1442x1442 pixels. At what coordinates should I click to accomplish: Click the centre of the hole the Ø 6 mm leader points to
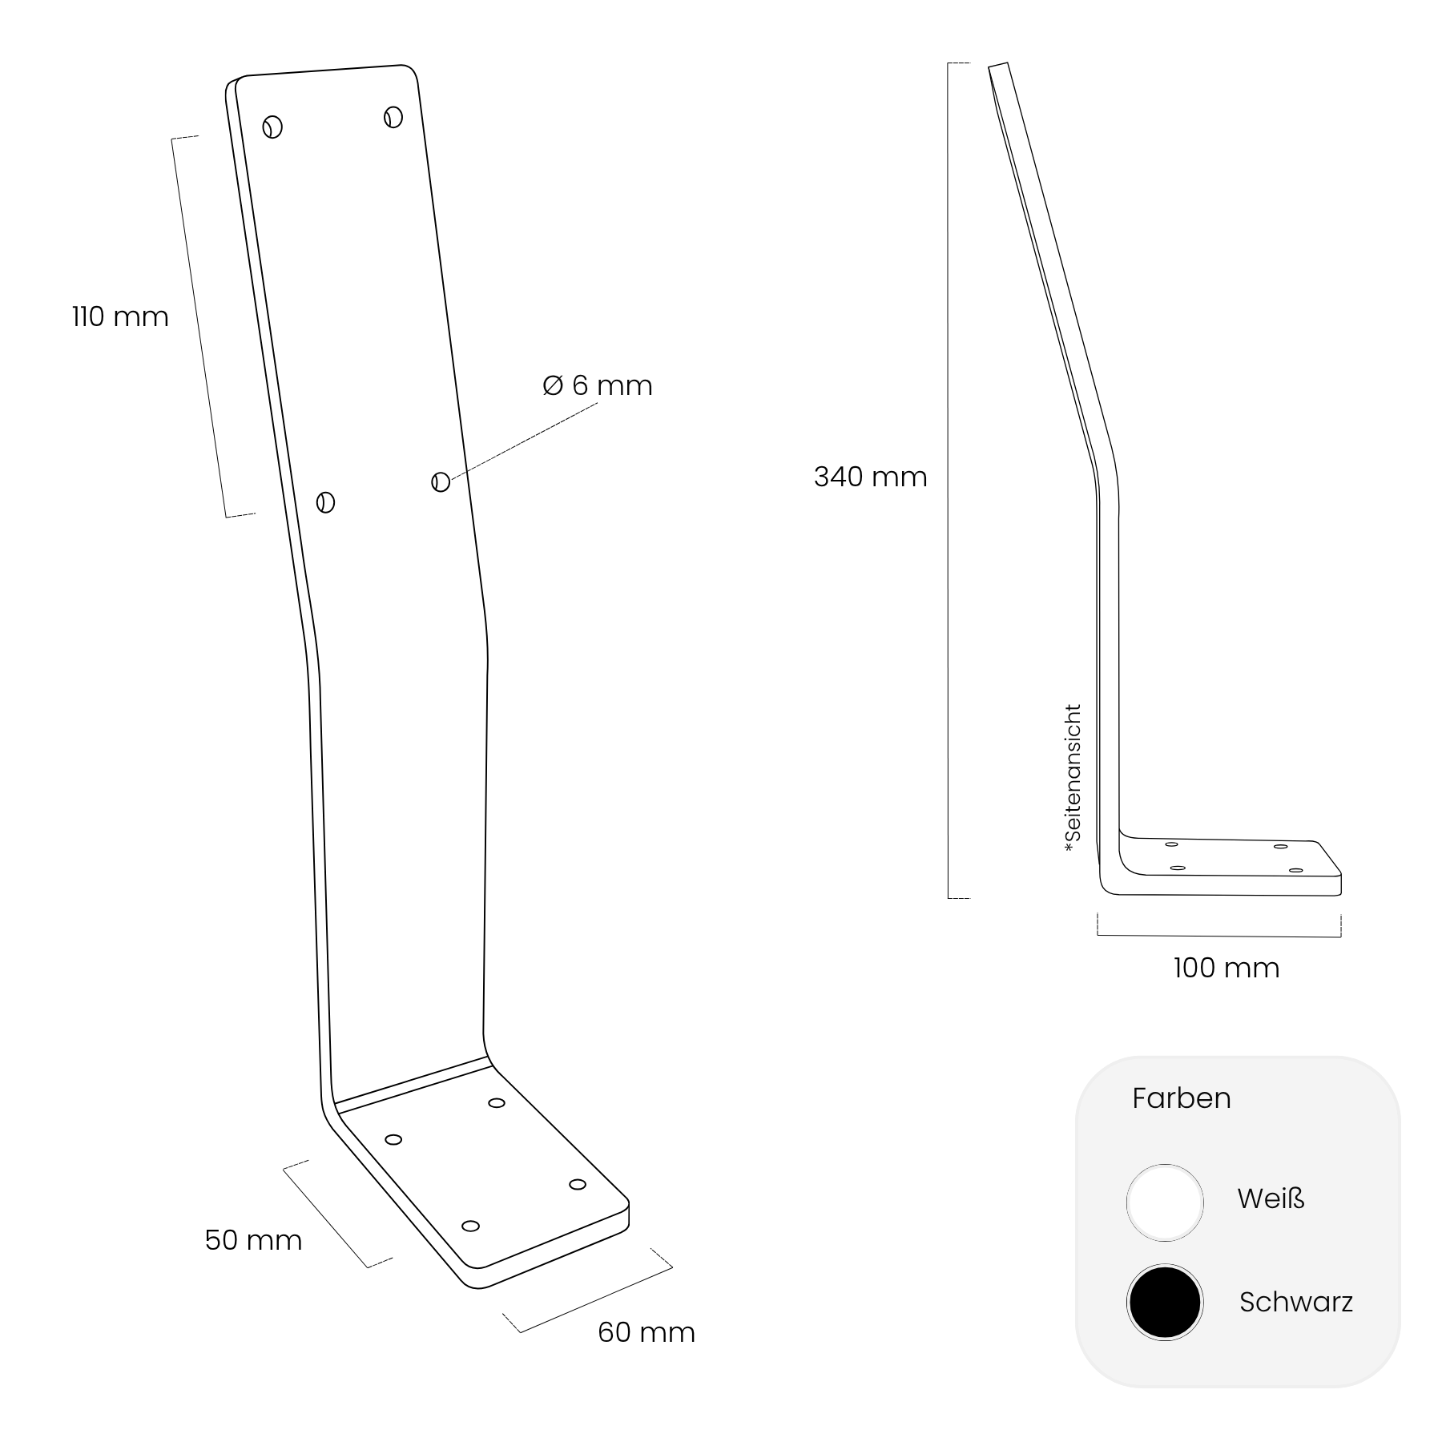point(441,481)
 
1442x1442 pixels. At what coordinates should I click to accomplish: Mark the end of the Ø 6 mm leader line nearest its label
point(598,404)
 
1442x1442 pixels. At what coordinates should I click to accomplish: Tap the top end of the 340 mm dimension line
point(949,63)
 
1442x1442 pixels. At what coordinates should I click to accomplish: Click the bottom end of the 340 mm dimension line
point(949,898)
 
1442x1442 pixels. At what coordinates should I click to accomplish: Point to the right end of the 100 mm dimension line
point(1341,936)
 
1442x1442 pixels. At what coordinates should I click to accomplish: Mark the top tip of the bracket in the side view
point(998,64)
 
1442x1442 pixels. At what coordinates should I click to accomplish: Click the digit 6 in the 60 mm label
point(606,1332)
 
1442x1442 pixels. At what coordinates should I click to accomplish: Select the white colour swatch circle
point(1165,1202)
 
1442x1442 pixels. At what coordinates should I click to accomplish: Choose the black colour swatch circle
point(1165,1302)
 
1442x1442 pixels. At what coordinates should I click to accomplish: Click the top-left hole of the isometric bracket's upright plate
point(272,127)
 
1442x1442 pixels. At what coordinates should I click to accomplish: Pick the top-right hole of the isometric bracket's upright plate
point(393,117)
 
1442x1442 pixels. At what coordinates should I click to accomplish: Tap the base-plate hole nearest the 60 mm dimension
point(471,1226)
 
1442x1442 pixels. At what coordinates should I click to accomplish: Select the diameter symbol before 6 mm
point(553,385)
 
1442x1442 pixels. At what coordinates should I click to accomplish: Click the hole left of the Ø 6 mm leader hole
point(325,502)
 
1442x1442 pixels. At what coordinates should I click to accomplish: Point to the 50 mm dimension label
point(253,1240)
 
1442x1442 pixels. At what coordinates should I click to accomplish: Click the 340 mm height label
point(870,477)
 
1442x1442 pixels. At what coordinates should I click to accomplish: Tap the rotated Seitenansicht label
point(1073,778)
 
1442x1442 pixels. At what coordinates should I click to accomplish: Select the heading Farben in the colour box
point(1182,1098)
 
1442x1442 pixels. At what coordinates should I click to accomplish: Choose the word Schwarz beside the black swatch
point(1296,1302)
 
